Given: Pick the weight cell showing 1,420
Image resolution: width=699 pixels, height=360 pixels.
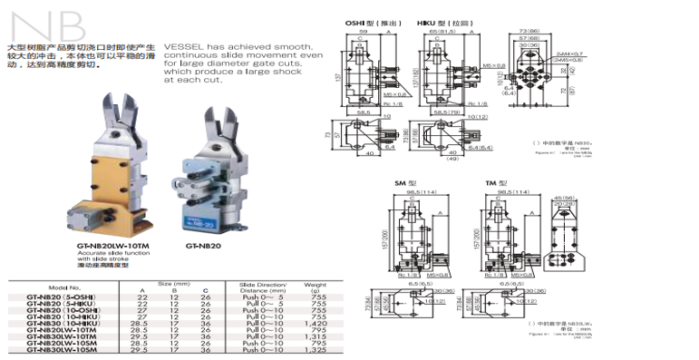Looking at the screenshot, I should pos(316,321).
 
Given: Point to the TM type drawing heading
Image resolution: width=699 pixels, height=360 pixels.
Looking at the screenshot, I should pos(494,183).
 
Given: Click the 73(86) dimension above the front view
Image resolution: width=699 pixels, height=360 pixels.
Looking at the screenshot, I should pos(529,31).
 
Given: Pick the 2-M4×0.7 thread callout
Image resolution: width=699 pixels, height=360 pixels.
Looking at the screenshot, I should pos(569,54).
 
